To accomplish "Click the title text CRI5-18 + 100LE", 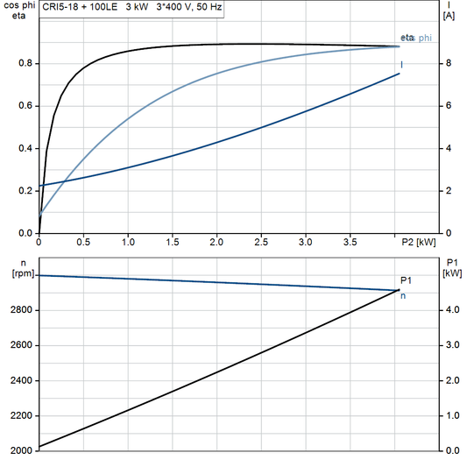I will [x=77, y=5].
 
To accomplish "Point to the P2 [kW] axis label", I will [x=418, y=242].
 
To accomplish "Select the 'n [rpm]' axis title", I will [x=16, y=267].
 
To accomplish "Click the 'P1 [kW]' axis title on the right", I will [x=451, y=267].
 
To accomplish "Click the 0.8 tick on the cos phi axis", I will [x=26, y=63].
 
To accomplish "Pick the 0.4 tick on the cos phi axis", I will [x=26, y=148].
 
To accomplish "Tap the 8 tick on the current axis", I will [x=448, y=63].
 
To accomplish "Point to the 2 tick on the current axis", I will [x=448, y=191].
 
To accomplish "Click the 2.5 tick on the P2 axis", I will [x=261, y=242].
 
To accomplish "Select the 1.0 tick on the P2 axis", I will [x=128, y=242].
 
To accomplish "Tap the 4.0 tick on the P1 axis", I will [x=450, y=310].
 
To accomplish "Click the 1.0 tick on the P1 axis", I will [x=450, y=415].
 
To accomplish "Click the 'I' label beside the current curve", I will [x=402, y=64].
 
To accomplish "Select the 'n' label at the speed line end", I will [x=403, y=296].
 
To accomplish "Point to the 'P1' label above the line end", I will [x=405, y=280].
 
